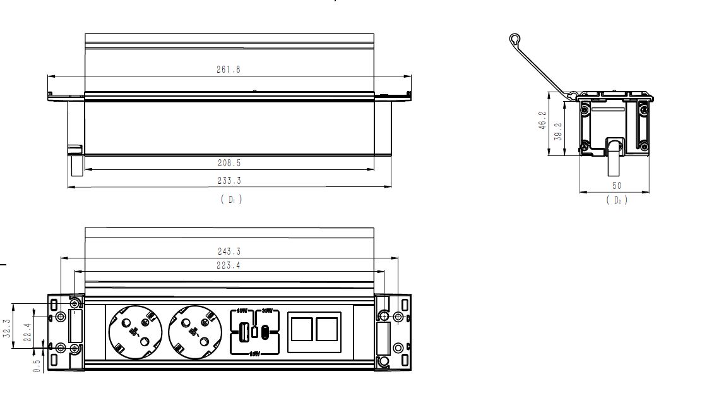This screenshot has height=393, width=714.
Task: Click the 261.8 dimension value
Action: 229,70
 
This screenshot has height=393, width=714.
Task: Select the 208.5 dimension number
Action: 229,163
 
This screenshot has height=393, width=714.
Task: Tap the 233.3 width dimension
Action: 229,181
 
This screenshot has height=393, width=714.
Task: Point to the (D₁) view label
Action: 231,199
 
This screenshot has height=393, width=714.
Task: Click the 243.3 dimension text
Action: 229,251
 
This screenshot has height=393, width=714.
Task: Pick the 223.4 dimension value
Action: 229,266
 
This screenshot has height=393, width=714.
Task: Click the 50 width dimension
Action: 617,186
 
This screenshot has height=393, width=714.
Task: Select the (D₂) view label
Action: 617,200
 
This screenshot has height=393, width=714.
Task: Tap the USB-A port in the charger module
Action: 242,330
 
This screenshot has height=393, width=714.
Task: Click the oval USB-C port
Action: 265,330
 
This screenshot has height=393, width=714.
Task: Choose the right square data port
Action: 327,330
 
